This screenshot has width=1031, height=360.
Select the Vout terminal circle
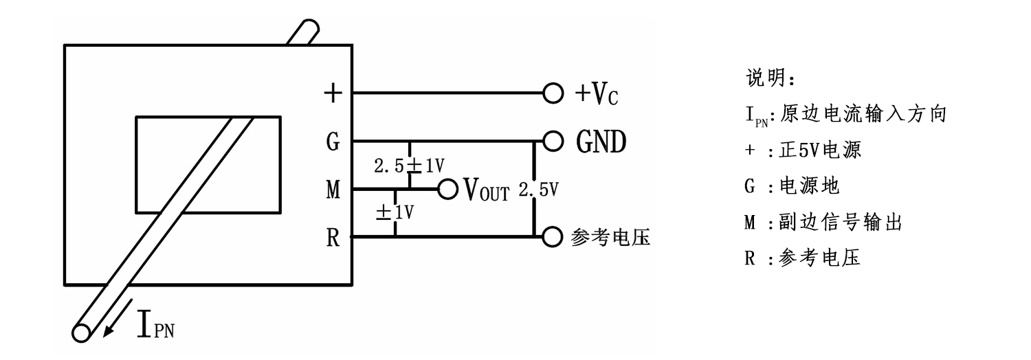447,189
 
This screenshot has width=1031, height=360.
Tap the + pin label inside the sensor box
333,94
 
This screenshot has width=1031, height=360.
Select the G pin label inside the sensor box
333,142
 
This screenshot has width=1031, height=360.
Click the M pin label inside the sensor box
333,190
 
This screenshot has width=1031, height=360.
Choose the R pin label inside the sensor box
333,238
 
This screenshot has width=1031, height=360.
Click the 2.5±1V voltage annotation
408,166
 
